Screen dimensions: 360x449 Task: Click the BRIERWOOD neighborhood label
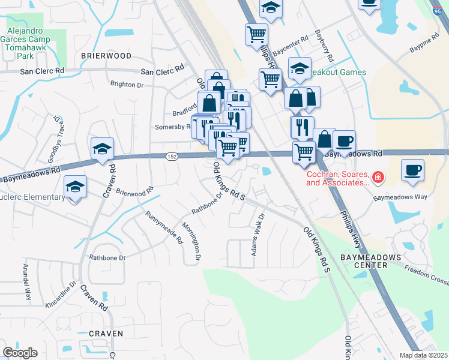106,55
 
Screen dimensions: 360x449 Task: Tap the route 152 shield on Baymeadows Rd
172,156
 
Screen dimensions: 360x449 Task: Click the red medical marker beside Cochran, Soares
378,177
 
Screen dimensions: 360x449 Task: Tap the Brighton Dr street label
127,85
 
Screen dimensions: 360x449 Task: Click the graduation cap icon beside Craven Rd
103,149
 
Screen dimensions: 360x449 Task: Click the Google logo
20,353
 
